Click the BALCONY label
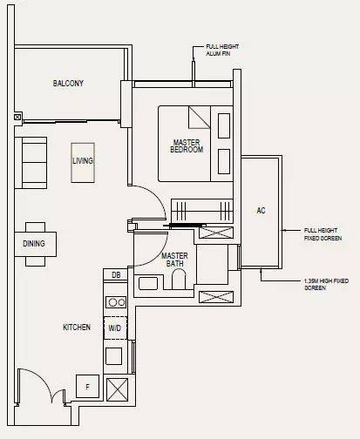(x=68, y=84)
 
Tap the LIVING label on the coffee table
(x=83, y=161)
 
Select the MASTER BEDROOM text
(x=187, y=146)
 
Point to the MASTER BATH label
(x=174, y=260)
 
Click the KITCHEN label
(x=77, y=328)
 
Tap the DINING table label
(x=34, y=243)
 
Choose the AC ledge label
(x=261, y=210)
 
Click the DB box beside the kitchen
(x=116, y=274)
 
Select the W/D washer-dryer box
(x=115, y=328)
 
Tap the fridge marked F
(x=87, y=387)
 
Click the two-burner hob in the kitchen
(x=116, y=302)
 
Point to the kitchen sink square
(x=113, y=356)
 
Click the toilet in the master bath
(x=179, y=279)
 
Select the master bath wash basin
(x=148, y=283)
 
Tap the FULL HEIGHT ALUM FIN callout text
(x=222, y=50)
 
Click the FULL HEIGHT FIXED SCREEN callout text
(x=323, y=234)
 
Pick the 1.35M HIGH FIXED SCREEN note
(x=326, y=285)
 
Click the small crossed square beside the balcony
(x=17, y=117)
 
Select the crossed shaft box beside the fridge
(x=117, y=389)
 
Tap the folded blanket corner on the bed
(x=200, y=118)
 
